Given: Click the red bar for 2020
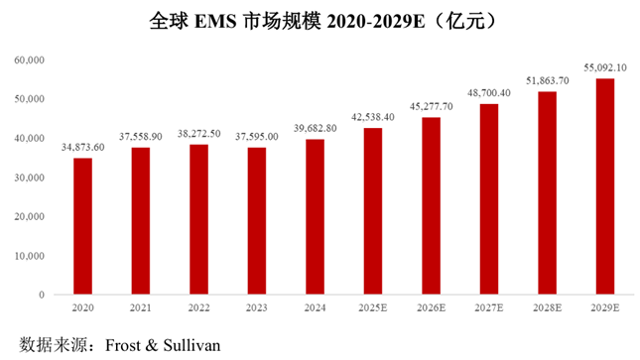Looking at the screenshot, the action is [83, 226].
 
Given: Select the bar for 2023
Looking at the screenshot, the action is [257, 221].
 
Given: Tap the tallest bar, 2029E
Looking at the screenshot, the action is [605, 186].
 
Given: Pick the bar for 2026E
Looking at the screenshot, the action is [431, 205].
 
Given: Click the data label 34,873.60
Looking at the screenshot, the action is [83, 148].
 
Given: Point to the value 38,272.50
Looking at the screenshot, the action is [198, 134].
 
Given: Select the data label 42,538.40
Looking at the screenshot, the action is [373, 117].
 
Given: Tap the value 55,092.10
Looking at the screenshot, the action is [605, 67].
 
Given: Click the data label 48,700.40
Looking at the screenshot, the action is [489, 93].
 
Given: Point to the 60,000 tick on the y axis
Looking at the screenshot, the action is [30, 60].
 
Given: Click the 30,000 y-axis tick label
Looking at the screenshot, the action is [30, 178].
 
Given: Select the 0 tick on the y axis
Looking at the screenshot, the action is [42, 295].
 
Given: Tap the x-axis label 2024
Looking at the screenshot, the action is [315, 307].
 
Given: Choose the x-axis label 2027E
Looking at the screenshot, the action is [489, 307].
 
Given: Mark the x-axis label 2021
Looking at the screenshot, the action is [141, 307].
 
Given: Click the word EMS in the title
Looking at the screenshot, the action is [215, 21].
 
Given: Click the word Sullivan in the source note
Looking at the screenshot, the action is [192, 345].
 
